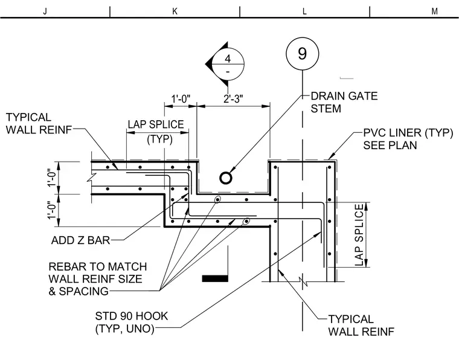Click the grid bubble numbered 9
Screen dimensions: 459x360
(x=303, y=54)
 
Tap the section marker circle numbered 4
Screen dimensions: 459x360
(x=228, y=64)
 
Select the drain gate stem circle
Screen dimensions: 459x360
(x=226, y=178)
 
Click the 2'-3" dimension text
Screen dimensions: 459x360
(x=233, y=99)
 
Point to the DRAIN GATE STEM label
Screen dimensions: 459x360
(x=344, y=102)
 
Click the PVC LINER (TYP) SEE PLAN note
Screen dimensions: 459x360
(x=408, y=139)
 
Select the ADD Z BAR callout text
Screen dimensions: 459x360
(x=80, y=240)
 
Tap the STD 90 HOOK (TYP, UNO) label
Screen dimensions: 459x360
(x=132, y=322)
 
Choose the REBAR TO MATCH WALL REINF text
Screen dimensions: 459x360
(x=98, y=279)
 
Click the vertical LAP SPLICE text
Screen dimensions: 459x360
(x=359, y=235)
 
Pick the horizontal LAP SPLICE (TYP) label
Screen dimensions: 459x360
(x=156, y=132)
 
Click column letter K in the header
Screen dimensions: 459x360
(x=175, y=11)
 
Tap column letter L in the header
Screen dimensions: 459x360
(x=304, y=11)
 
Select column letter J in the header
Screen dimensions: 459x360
(x=45, y=11)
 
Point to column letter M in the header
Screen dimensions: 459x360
(x=434, y=11)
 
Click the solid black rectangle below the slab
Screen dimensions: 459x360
(x=215, y=278)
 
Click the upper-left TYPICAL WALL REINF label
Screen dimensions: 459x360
(x=39, y=123)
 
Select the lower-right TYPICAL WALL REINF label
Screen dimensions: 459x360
(x=361, y=326)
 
